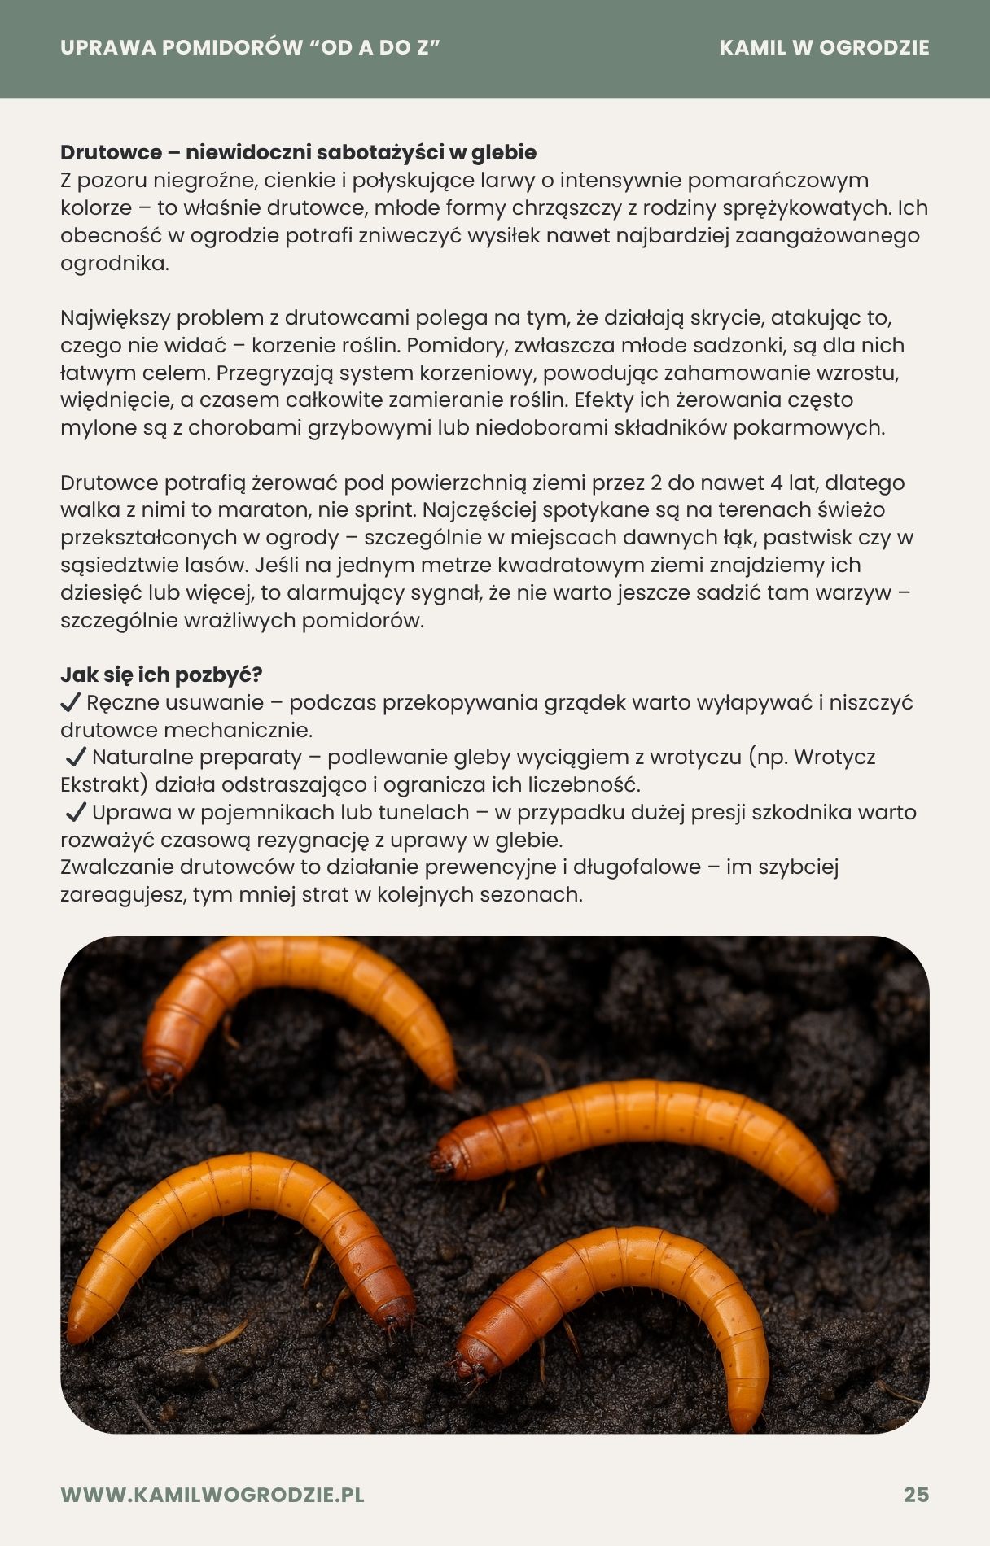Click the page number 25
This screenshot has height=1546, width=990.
pos(916,1495)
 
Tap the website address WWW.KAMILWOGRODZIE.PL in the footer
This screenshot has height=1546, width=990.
pos(212,1495)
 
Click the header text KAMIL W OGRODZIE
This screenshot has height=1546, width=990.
pos(824,48)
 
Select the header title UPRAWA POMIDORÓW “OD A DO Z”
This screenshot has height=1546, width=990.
pos(250,48)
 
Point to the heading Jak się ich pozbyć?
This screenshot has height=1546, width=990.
pos(161,675)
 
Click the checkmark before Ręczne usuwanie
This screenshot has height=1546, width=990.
pos(71,702)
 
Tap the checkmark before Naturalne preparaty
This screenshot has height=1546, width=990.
pos(76,758)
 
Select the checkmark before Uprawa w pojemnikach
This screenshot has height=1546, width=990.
pos(76,812)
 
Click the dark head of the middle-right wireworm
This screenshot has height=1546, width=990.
pos(444,1159)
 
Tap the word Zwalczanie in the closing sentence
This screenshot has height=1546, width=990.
pos(117,867)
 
